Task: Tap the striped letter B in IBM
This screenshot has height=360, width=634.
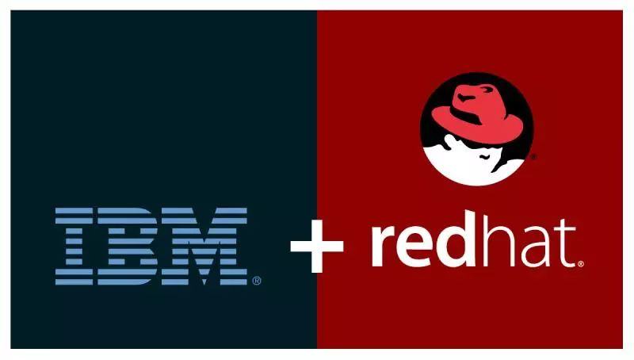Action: point(132,247)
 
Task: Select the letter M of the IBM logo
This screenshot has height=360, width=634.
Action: point(208,247)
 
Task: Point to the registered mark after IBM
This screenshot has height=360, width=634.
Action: point(256,281)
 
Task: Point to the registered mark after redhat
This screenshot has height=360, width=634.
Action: point(581,263)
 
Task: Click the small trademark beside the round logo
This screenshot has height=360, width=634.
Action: point(533,157)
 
